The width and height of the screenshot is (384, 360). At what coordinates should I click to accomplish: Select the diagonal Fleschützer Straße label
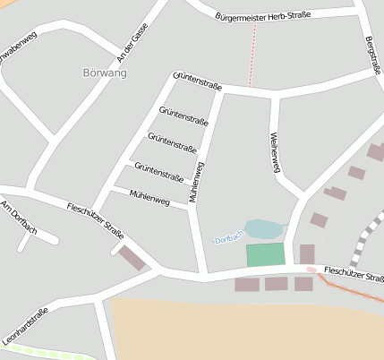click(95, 220)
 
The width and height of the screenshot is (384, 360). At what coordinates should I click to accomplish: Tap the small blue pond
click(264, 229)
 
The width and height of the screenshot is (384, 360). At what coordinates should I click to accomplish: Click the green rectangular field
click(265, 254)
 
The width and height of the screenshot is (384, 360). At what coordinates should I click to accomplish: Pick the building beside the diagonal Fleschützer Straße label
click(132, 257)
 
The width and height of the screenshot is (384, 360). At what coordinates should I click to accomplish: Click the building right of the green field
click(307, 253)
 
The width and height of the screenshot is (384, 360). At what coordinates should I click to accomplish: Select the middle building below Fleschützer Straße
click(276, 284)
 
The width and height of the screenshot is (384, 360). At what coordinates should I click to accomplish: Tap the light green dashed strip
click(45, 353)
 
